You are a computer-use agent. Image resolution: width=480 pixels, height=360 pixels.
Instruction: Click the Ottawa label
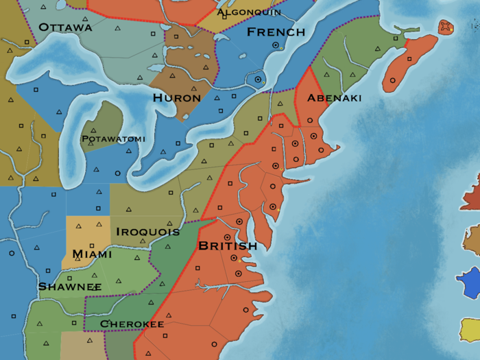65,27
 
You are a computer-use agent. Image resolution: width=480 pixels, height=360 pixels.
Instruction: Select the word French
276,32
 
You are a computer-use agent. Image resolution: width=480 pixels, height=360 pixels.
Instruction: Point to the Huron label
177,98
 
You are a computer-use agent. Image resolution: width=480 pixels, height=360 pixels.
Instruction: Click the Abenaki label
334,98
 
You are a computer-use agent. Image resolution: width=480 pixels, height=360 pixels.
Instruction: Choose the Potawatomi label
113,139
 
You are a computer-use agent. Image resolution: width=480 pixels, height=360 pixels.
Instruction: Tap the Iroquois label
147,232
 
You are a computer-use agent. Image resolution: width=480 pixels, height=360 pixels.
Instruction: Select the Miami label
92,254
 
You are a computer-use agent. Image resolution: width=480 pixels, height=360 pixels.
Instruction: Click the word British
227,245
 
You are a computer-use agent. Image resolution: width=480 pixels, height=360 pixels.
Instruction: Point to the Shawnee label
70,286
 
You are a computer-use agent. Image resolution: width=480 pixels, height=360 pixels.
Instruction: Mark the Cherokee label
132,324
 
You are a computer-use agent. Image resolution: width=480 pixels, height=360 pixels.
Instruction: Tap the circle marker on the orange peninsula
393,80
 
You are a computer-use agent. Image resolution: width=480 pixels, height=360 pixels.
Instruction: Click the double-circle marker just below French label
276,45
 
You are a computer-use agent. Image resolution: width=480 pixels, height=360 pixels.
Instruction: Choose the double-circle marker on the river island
258,80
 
